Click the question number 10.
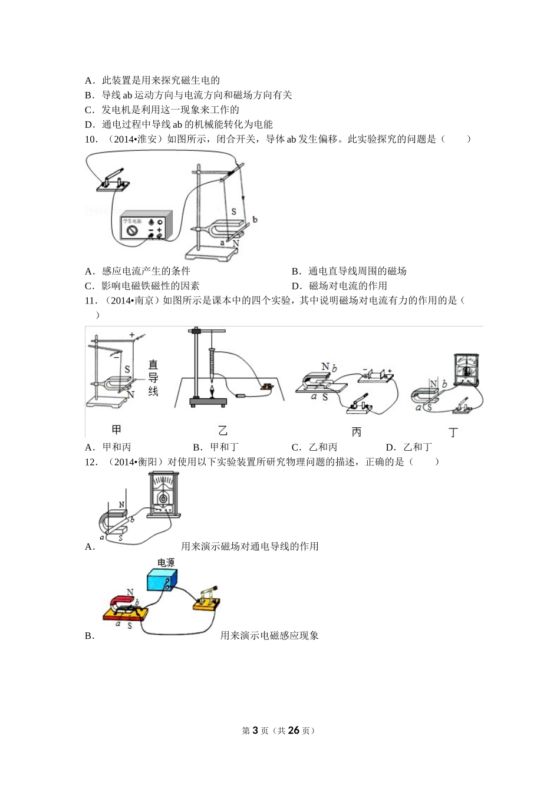(x=91, y=139)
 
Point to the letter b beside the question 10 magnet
(x=255, y=220)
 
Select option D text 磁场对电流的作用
(x=348, y=286)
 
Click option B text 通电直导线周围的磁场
(x=357, y=271)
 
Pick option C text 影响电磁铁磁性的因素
(x=151, y=286)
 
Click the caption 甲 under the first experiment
(x=116, y=430)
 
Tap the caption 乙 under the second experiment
(x=222, y=431)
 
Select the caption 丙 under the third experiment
(x=356, y=432)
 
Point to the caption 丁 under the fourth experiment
(x=453, y=433)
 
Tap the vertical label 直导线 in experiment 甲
(x=153, y=377)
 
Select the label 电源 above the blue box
(x=166, y=563)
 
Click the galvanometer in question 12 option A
(x=164, y=494)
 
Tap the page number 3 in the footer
(x=255, y=730)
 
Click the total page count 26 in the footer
(x=294, y=730)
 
